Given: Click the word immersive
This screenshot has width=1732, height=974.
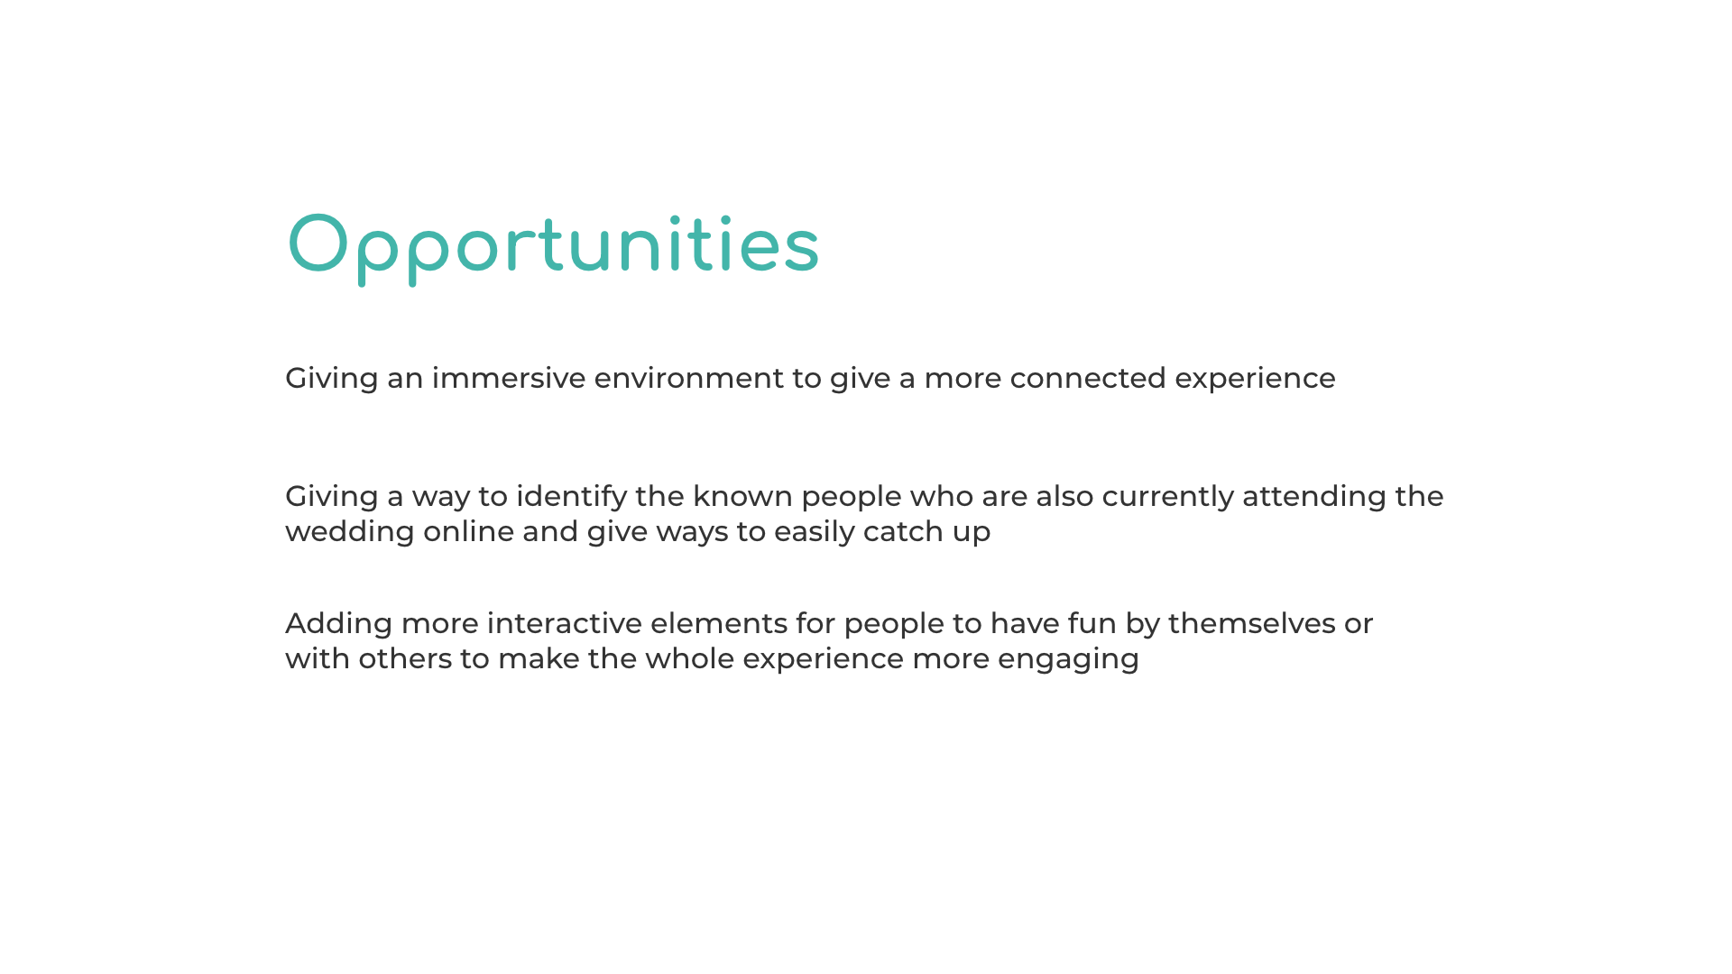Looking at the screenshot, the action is pos(509,378).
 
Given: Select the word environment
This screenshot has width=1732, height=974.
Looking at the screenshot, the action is pos(689,378).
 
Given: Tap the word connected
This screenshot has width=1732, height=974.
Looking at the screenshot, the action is pos(1088,378).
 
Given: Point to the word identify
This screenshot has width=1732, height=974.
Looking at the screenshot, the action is pos(572,497).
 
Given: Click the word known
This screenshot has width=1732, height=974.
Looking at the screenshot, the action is pos(743,496).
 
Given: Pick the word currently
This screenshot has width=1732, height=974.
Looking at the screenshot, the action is pos(1168,497).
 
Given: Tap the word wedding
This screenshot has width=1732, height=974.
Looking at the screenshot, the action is pos(350,532).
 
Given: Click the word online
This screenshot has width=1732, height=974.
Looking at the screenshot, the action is pos(469,531).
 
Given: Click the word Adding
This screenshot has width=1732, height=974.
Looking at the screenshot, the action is pos(339,624).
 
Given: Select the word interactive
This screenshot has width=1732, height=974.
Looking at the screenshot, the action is pos(565,623).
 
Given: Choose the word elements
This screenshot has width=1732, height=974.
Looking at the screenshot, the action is pos(719,623).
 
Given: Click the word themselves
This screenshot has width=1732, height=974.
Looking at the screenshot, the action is pos(1252,623).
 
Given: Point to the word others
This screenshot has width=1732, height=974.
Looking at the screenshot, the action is pos(405,658).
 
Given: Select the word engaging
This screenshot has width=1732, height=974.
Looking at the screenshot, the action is pos(1068,659).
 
